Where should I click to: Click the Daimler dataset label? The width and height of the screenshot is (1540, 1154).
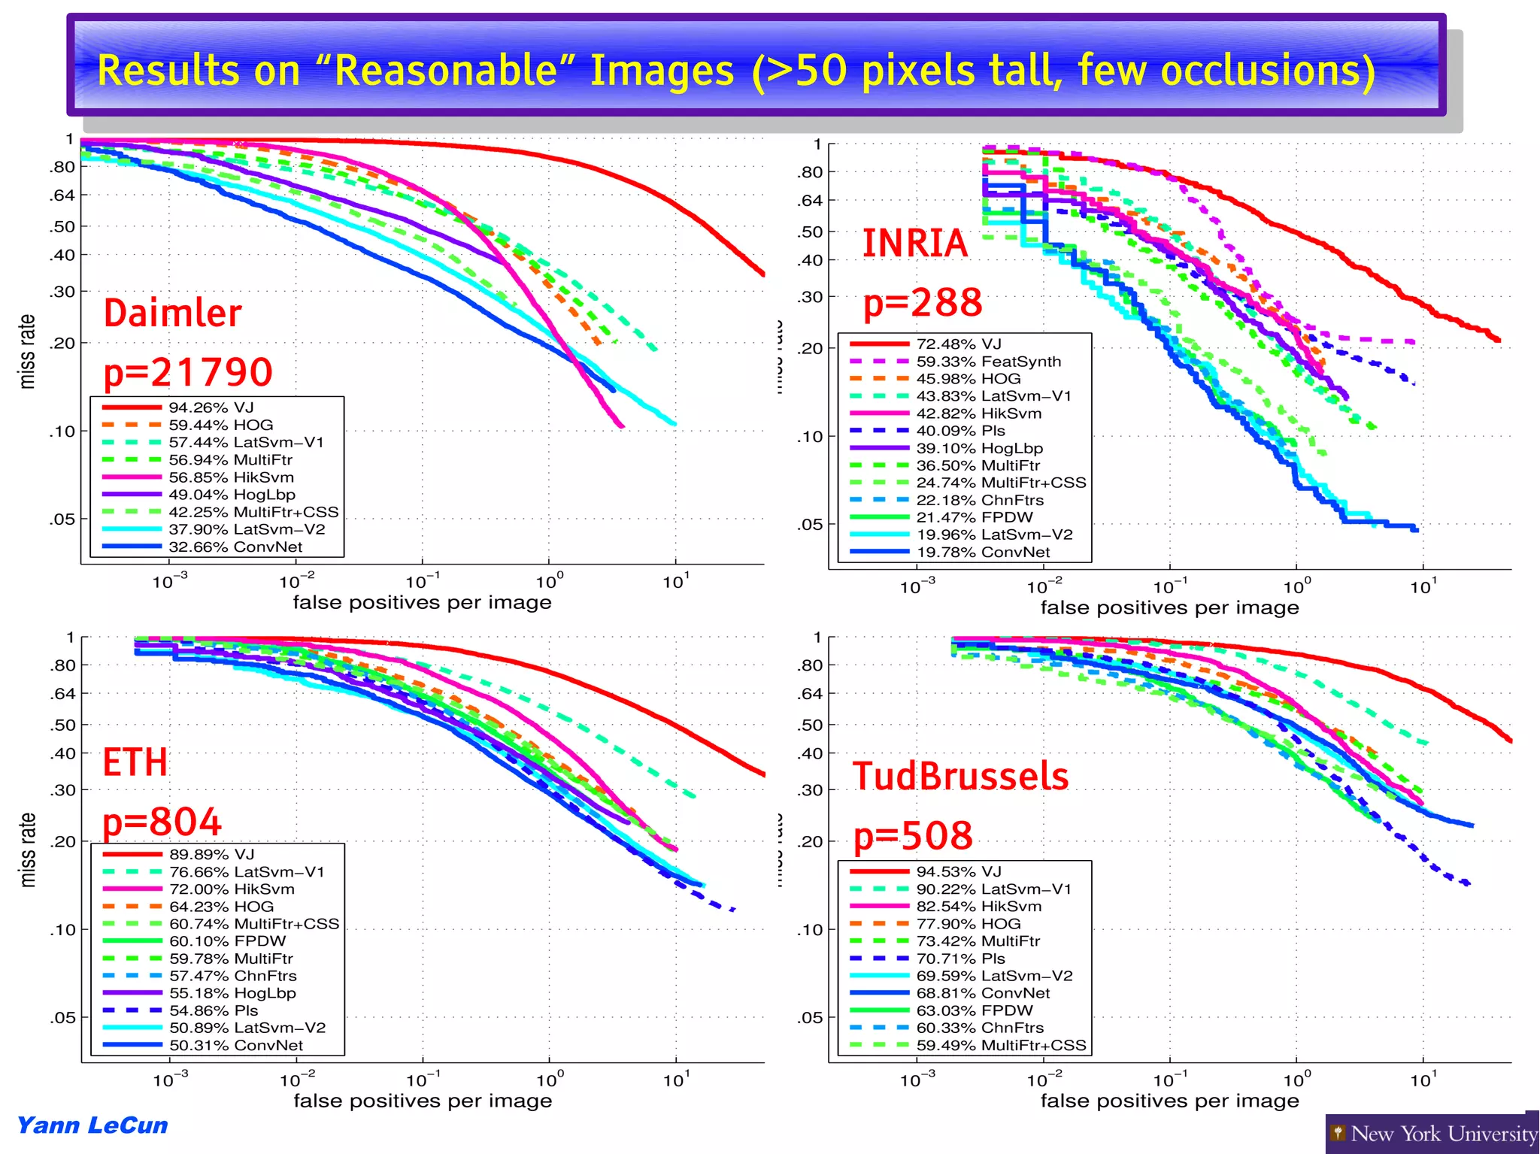coord(172,313)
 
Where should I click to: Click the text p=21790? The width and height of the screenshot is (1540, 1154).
coord(188,372)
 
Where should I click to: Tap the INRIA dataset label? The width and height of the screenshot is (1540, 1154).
coord(914,243)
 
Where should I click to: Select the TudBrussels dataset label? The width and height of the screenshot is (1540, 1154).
coord(960,776)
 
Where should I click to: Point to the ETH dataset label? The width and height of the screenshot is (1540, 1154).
coord(135,762)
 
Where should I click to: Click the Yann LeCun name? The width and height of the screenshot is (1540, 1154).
coord(92,1125)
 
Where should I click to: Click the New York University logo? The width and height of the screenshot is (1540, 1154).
coord(1433,1133)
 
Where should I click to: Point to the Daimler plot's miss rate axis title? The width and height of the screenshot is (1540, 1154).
coord(27,351)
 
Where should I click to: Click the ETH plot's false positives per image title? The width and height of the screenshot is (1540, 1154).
coord(422,1101)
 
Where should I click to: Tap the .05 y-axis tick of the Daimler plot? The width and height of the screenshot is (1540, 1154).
coord(63,519)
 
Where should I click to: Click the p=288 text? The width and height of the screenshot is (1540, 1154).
coord(923,302)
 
